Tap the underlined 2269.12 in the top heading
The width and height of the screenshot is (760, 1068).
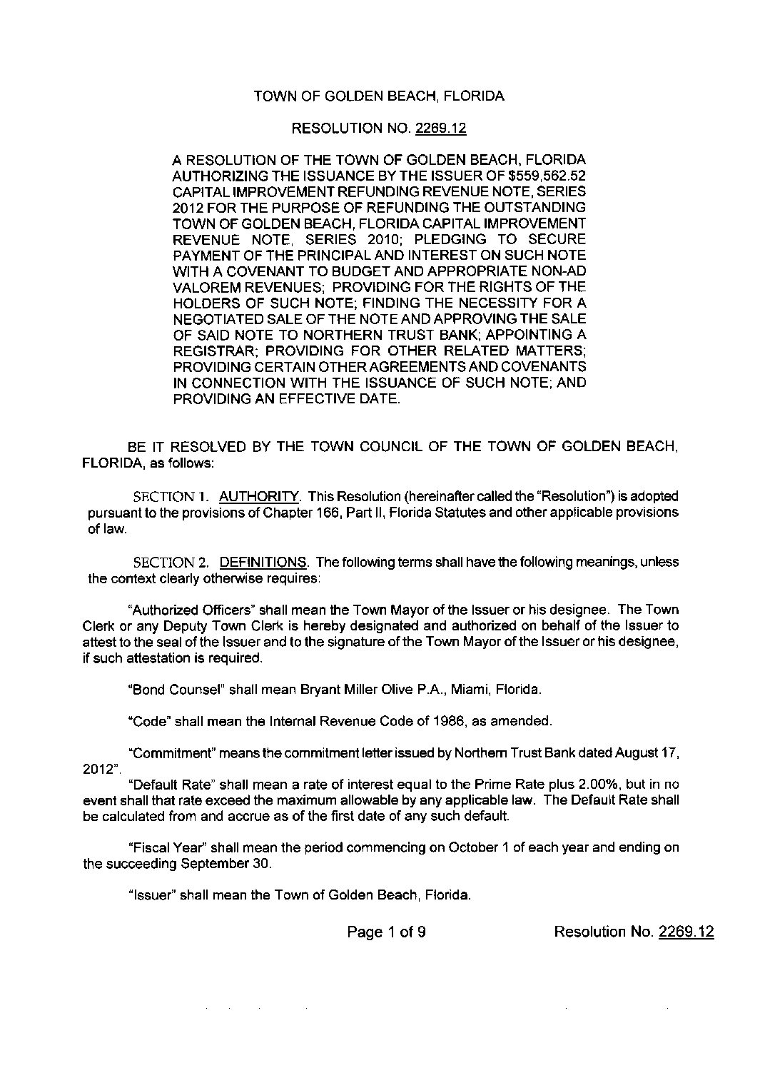point(442,129)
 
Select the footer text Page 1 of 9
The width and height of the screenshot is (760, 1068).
point(387,932)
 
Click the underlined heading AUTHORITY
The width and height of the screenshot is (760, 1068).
point(259,495)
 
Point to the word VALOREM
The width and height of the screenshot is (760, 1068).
point(202,287)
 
